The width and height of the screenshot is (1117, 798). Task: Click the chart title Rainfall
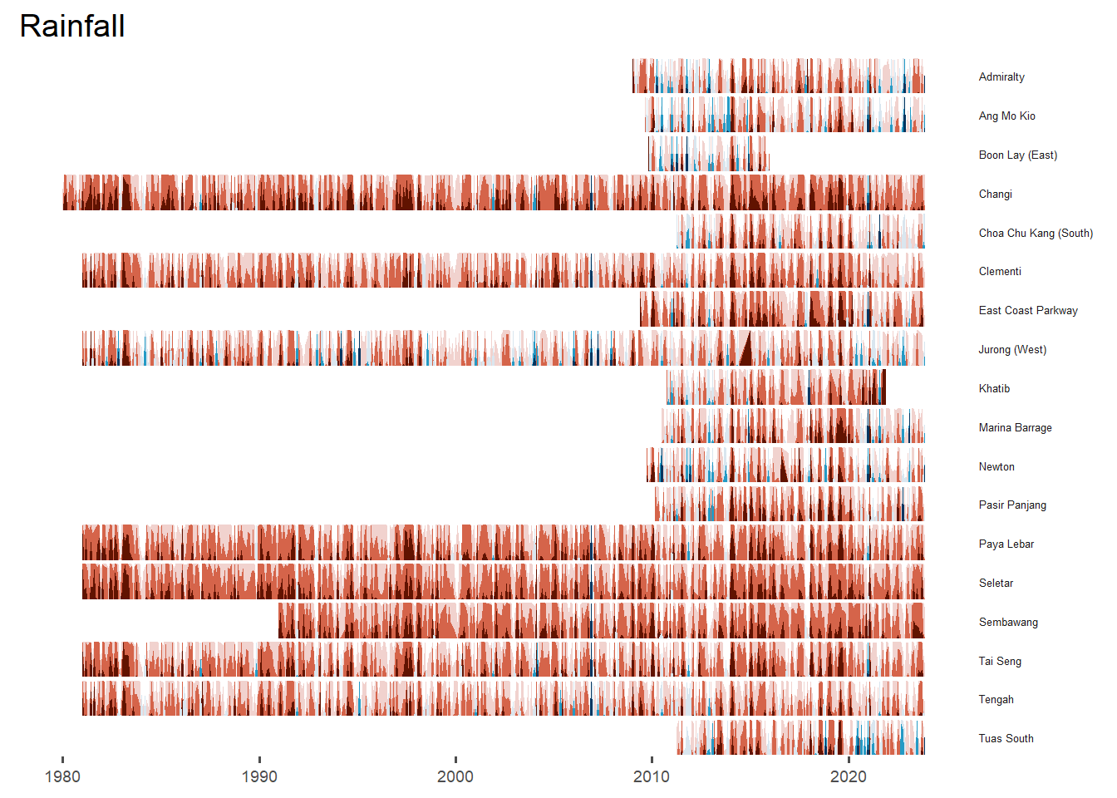point(72,26)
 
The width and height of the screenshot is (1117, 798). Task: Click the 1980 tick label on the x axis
point(62,776)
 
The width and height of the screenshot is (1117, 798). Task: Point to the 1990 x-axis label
point(259,776)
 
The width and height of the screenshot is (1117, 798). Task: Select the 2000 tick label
point(455,776)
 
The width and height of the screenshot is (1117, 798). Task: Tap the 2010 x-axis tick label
point(652,776)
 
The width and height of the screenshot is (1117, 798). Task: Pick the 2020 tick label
point(848,776)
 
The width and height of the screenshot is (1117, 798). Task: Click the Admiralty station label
point(1001,76)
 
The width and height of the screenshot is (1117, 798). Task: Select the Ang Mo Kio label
point(1006,116)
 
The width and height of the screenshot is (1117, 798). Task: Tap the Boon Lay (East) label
point(1017,155)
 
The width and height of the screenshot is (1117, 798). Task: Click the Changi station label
point(995,194)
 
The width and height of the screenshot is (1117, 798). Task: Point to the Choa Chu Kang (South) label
point(1036,233)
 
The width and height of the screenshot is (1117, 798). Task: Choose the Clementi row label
point(1000,271)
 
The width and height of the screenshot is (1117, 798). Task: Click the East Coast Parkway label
point(1028,310)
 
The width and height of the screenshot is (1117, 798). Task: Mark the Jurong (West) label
point(1012,349)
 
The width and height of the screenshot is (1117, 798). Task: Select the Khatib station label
point(994,388)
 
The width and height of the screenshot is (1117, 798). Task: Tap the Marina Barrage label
point(1015,427)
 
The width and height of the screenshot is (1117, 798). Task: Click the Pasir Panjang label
point(1012,505)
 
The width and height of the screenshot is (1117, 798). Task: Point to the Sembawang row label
point(1008,622)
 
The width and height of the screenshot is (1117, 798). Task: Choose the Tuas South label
point(1006,738)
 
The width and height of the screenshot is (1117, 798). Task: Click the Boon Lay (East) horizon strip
point(708,155)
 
